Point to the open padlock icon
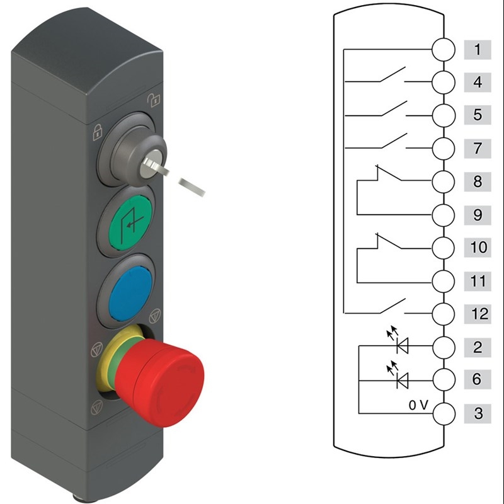click(x=154, y=100)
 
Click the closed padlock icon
click(x=98, y=132)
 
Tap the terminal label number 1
click(x=478, y=50)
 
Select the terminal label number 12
click(x=478, y=314)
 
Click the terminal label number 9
click(x=478, y=215)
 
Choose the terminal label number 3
click(x=478, y=413)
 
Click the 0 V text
click(x=418, y=405)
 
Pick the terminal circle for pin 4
click(x=444, y=83)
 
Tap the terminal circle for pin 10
click(x=444, y=248)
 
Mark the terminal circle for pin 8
click(x=444, y=181)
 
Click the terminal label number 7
click(x=478, y=149)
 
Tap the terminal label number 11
click(x=478, y=281)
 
